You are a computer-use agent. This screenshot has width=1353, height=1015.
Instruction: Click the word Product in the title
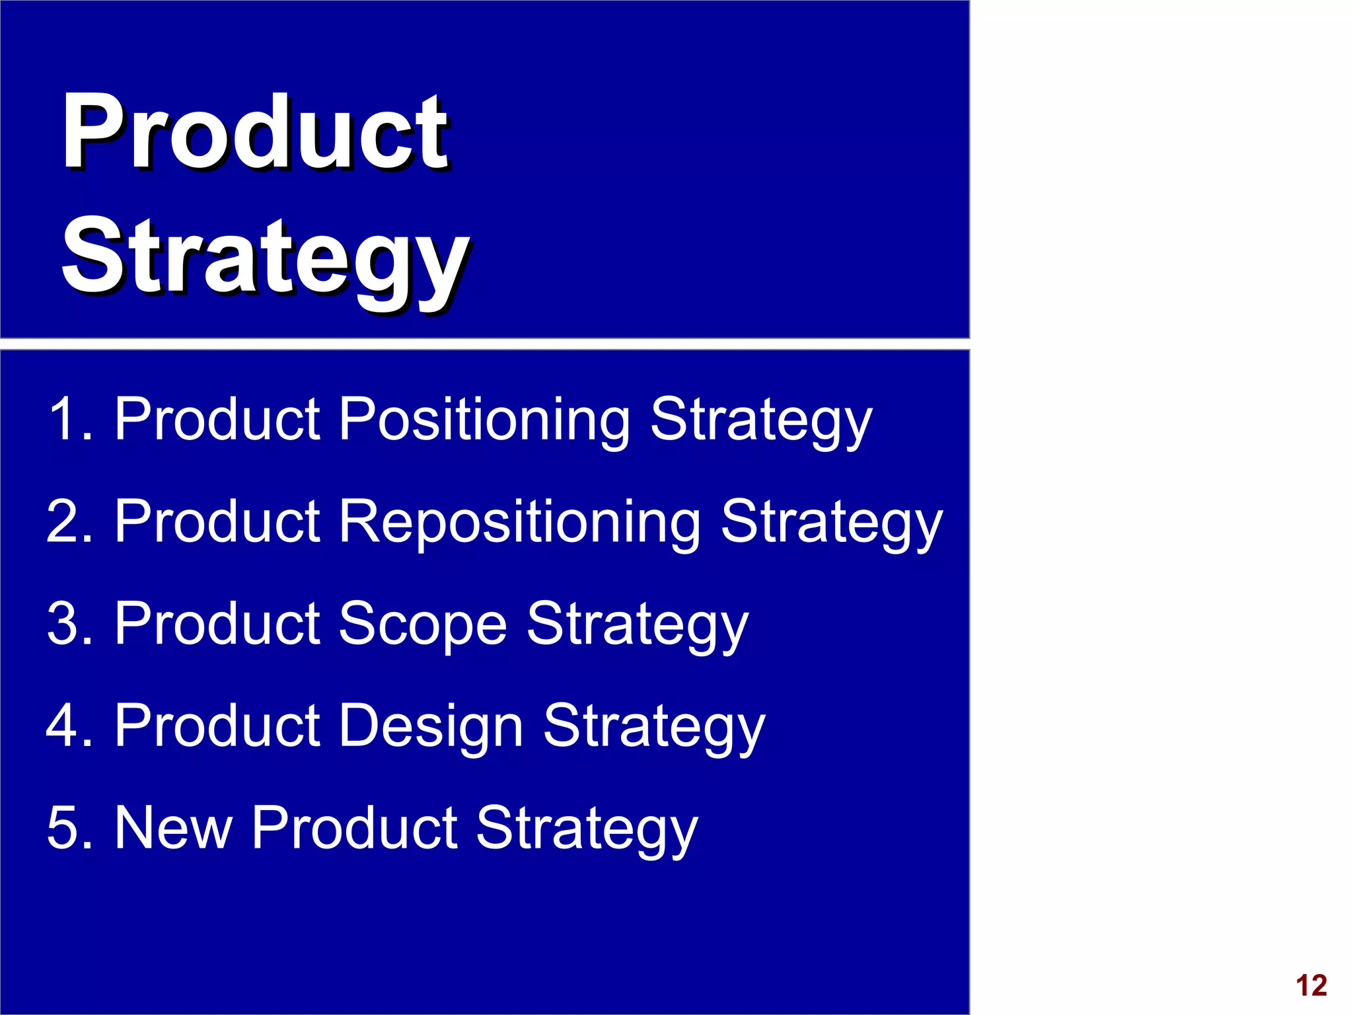[255, 132]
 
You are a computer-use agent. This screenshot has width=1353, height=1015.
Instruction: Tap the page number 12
[1311, 985]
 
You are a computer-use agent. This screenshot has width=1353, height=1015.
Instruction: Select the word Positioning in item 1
[484, 420]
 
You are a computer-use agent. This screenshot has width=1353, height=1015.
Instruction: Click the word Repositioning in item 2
[519, 522]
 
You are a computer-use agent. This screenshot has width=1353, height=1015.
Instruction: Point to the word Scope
[422, 624]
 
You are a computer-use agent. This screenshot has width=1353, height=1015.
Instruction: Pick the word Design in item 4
[431, 726]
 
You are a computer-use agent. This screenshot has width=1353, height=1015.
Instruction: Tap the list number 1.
[66, 419]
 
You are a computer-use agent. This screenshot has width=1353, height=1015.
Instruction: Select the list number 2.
[66, 522]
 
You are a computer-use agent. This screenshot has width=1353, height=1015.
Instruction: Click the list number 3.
[66, 624]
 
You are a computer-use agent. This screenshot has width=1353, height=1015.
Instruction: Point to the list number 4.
[66, 726]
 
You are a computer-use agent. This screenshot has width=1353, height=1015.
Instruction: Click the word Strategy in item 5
[587, 831]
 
